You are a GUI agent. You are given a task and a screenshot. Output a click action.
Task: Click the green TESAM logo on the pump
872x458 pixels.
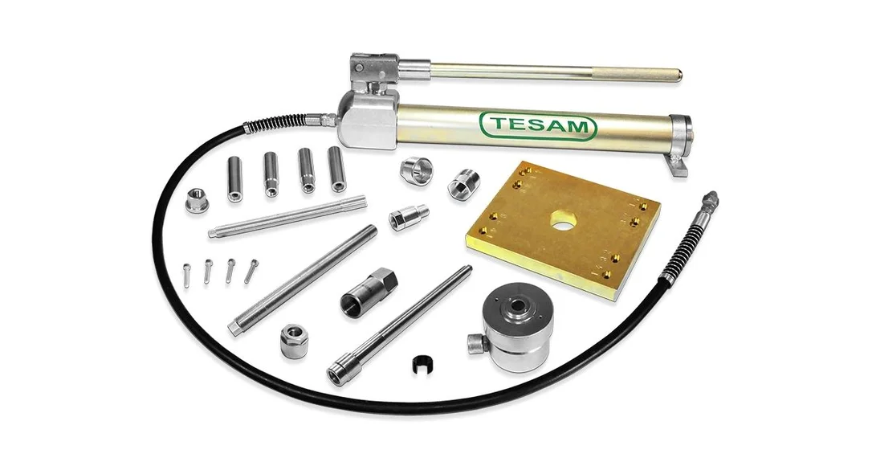[x=537, y=126]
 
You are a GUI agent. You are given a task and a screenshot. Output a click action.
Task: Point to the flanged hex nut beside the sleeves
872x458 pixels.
[x=197, y=199]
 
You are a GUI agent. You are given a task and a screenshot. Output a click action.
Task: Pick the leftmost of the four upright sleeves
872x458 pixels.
[x=234, y=178]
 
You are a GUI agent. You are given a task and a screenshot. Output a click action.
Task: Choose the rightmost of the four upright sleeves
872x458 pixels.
[x=336, y=169]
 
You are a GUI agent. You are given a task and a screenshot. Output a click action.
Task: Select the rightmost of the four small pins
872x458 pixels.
[x=251, y=271]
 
